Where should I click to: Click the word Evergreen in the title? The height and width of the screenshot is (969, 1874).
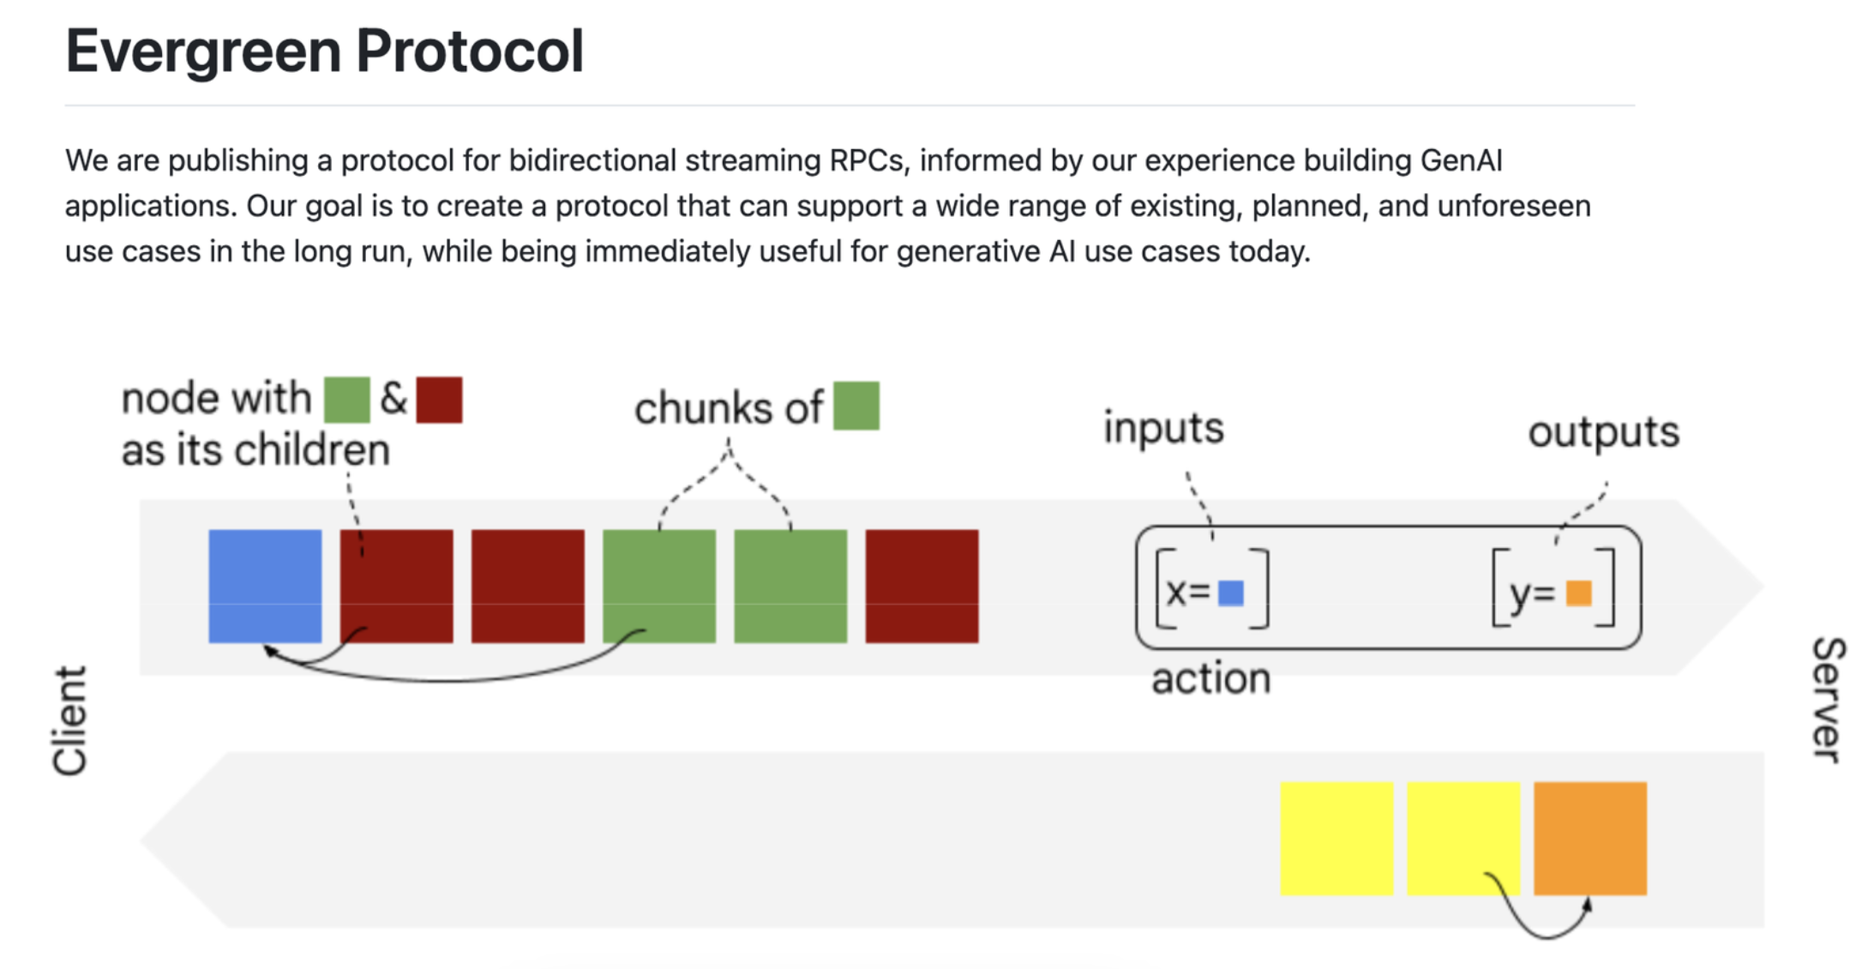pyautogui.click(x=203, y=52)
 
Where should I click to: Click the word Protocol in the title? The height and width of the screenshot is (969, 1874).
pyautogui.click(x=470, y=51)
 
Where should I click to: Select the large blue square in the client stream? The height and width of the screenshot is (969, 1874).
pyautogui.click(x=265, y=586)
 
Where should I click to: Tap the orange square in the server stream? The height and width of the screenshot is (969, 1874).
pyautogui.click(x=1590, y=839)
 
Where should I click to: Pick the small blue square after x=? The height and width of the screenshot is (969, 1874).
pyautogui.click(x=1231, y=593)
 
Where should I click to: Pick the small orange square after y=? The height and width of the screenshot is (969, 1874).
pyautogui.click(x=1579, y=593)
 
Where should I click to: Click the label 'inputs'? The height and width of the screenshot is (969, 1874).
pyautogui.click(x=1163, y=427)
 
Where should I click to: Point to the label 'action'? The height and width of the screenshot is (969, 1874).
pyautogui.click(x=1210, y=678)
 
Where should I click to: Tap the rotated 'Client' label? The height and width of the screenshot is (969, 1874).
pyautogui.click(x=70, y=720)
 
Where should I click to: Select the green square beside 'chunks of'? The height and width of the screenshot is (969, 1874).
pyautogui.click(x=856, y=406)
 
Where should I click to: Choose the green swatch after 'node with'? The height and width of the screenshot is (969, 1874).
pyautogui.click(x=347, y=400)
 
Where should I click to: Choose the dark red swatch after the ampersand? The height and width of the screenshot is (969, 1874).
pyautogui.click(x=439, y=400)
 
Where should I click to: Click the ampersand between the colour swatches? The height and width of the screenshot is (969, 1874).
pyautogui.click(x=393, y=399)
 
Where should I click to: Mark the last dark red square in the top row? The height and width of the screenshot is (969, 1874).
pyautogui.click(x=922, y=586)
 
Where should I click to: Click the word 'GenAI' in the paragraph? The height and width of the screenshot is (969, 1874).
pyautogui.click(x=1461, y=160)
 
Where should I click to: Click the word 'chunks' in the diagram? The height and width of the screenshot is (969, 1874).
pyautogui.click(x=703, y=407)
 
